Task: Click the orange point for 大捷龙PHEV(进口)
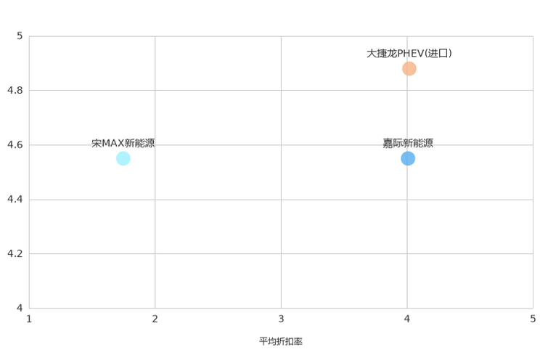coord(409,68)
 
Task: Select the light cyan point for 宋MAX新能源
coord(123,158)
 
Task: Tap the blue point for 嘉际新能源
coord(408,158)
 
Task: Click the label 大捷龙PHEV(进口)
coord(409,54)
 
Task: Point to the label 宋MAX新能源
coord(123,143)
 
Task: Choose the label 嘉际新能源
coord(408,143)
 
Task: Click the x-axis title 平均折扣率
coord(281,341)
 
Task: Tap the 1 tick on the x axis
coord(29,319)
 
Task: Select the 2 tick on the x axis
coord(155,319)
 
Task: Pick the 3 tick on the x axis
coord(281,319)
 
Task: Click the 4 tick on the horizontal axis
coord(407,319)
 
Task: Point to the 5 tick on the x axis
coord(533,319)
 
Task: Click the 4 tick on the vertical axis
coord(20,308)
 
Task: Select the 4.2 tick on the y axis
coord(15,253)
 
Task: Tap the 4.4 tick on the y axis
coord(15,199)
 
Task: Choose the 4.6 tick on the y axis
coord(15,144)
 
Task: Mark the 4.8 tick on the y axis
coord(15,90)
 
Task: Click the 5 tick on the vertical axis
coord(20,36)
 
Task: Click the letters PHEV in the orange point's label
coord(411,54)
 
